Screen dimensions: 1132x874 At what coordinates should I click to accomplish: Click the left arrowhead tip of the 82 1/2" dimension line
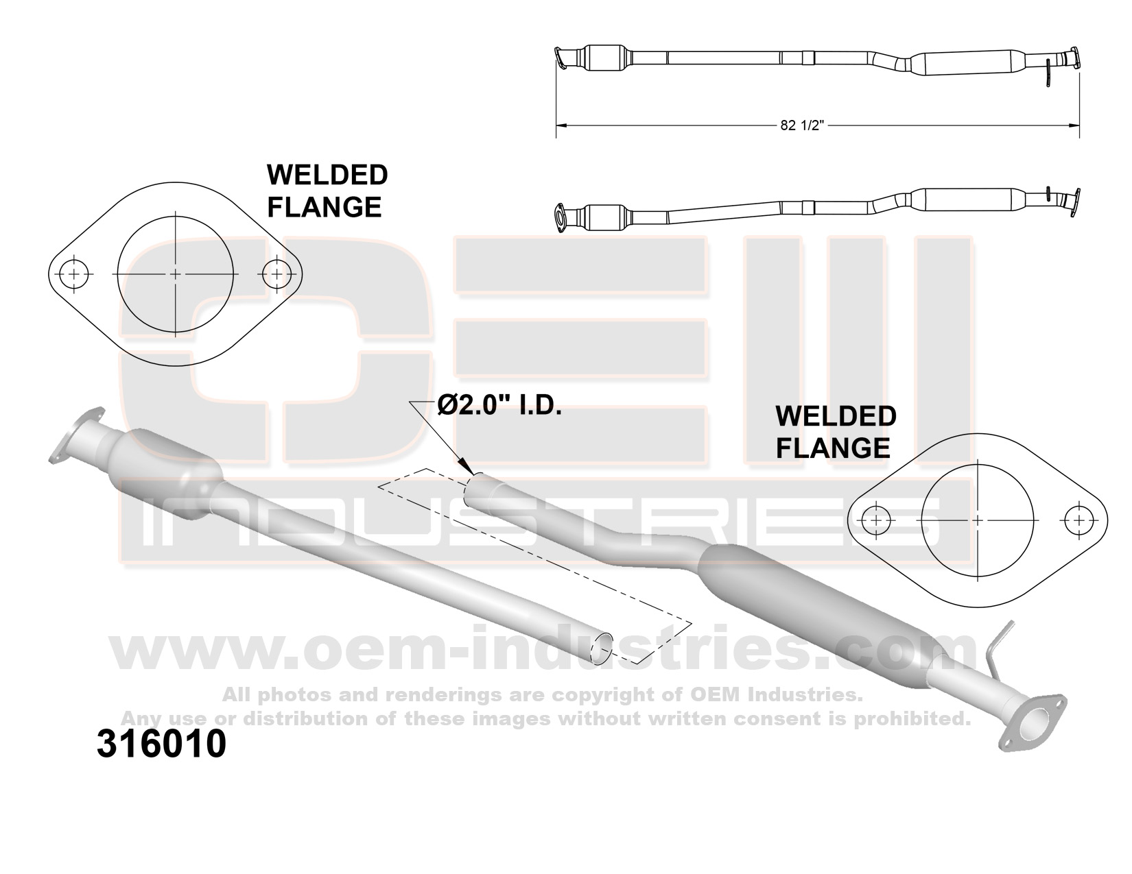[x=556, y=125]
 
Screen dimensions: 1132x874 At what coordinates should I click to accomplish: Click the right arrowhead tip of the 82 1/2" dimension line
[x=1079, y=125]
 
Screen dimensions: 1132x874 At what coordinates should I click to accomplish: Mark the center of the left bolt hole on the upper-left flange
[x=73, y=274]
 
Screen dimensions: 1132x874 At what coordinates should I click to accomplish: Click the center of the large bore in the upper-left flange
[x=176, y=274]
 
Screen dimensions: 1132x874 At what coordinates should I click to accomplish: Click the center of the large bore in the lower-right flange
[x=978, y=520]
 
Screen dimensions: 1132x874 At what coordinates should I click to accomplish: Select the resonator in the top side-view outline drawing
[x=967, y=63]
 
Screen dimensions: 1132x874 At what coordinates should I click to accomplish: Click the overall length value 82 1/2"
[x=802, y=125]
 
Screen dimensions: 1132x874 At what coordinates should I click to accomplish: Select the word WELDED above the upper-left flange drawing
[x=328, y=175]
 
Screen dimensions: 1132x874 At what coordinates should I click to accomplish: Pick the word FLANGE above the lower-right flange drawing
[x=833, y=448]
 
